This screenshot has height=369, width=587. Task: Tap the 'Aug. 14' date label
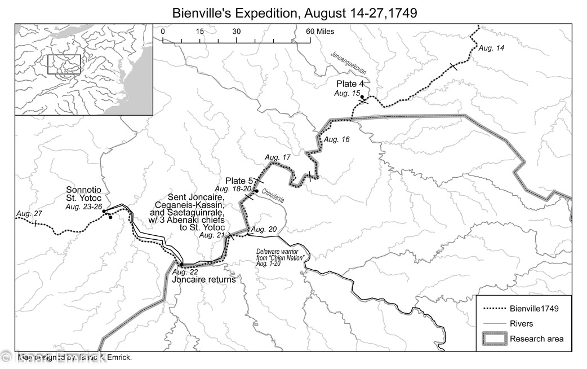point(491,49)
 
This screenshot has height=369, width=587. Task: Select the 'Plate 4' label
point(350,84)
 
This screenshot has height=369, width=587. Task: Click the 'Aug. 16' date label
point(337,139)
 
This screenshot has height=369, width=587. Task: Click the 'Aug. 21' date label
point(212,235)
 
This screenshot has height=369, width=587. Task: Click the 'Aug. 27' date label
point(29,213)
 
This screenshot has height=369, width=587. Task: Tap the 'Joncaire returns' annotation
point(203,279)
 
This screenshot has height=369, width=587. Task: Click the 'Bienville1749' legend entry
point(532,309)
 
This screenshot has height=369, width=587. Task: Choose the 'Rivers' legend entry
point(522,324)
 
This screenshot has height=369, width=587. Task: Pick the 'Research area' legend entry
point(536,339)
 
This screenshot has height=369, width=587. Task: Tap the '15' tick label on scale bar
point(199,32)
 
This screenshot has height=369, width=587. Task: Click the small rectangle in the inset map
point(64,64)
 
